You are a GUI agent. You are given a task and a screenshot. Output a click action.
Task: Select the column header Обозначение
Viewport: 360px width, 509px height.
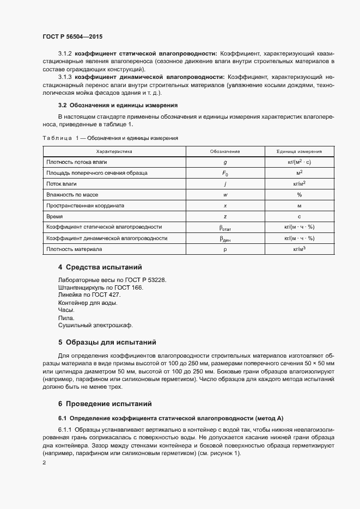225,151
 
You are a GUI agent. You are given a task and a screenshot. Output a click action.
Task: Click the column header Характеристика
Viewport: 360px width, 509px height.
114,151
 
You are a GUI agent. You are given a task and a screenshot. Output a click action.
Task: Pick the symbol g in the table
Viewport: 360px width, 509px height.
225,162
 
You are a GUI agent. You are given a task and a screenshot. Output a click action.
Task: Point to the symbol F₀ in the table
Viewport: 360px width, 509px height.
225,173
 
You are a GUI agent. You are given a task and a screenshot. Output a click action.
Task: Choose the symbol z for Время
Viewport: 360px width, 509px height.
225,217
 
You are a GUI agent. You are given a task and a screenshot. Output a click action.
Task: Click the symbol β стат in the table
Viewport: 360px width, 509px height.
225,228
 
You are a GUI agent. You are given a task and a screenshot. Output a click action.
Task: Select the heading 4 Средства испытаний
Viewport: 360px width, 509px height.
100,267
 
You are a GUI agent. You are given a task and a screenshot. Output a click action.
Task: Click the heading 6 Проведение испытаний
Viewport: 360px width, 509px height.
105,404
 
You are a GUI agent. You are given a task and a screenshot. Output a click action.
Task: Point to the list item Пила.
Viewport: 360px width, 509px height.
64,317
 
